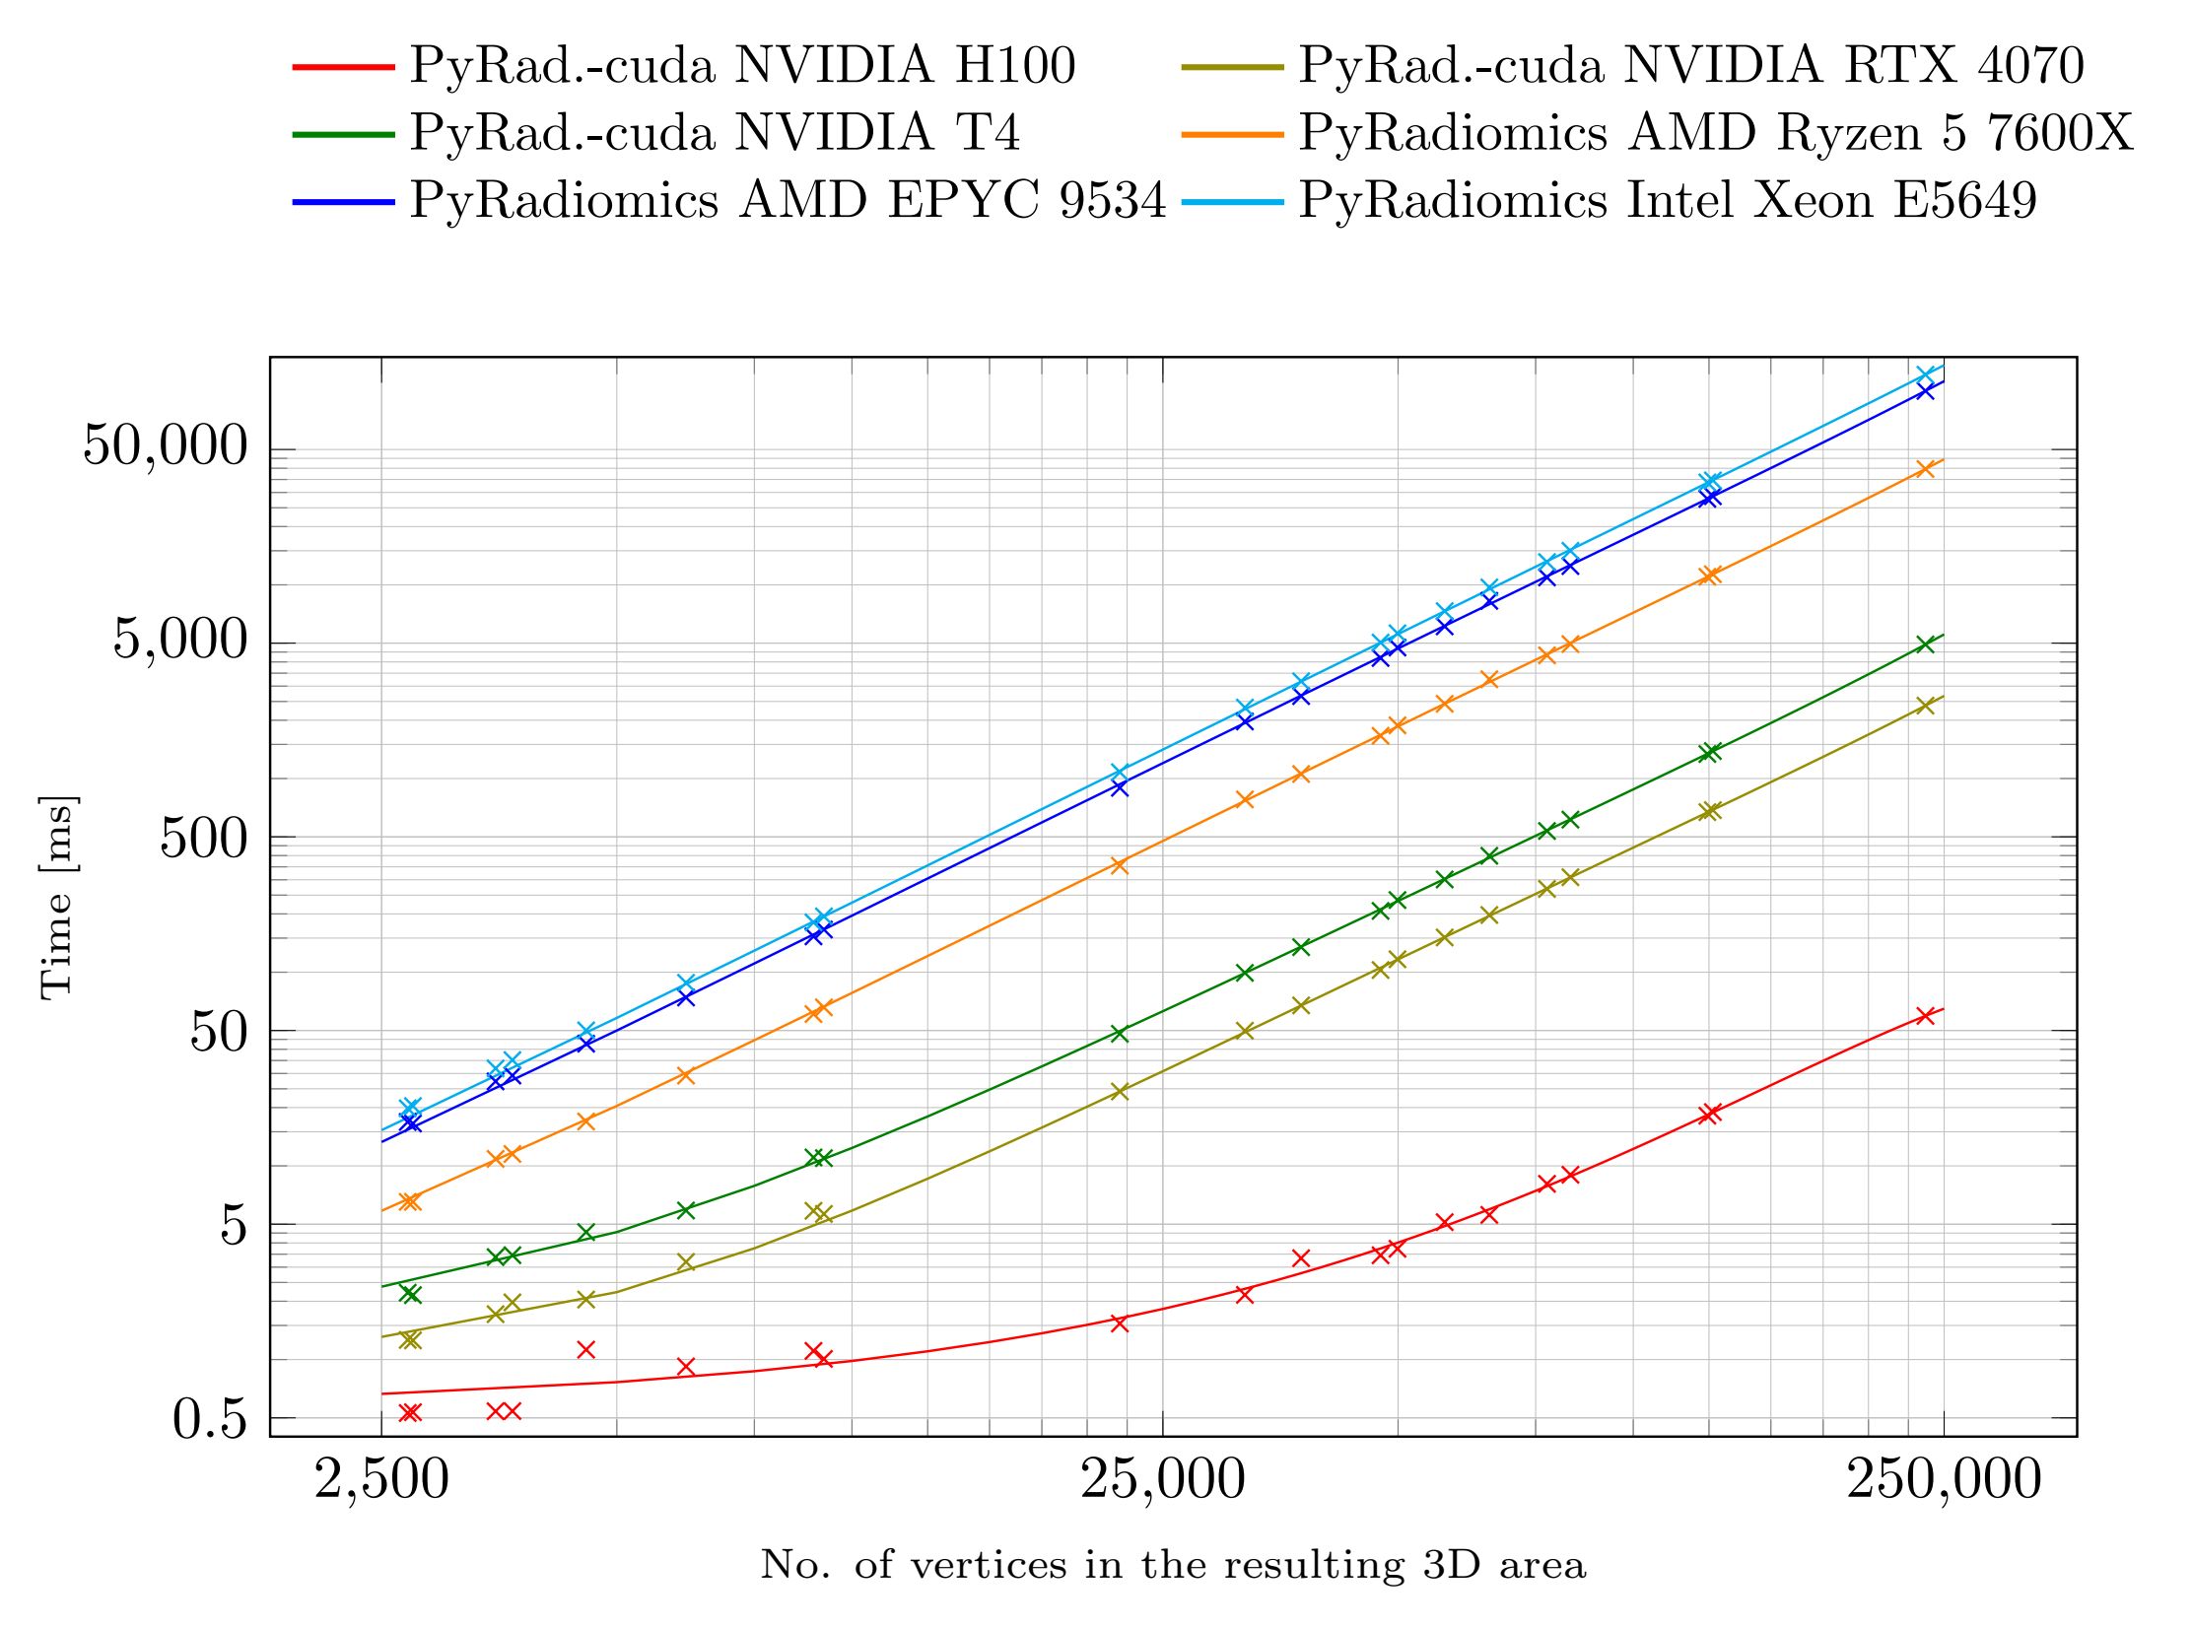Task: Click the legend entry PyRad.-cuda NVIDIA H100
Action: [x=742, y=66]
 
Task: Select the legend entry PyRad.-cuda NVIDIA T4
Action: [x=715, y=133]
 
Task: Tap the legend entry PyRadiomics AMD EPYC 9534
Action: [x=788, y=200]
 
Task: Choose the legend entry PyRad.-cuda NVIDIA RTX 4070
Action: [x=1690, y=66]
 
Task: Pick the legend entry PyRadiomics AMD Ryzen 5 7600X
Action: [x=1715, y=133]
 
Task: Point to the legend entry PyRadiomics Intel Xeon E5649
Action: [x=1668, y=200]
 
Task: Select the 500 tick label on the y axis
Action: [x=203, y=838]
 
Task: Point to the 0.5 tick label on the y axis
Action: [x=209, y=1419]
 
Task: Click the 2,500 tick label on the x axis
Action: [x=381, y=1480]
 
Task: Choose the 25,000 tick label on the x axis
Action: [x=1163, y=1480]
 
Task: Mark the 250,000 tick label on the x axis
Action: [x=1944, y=1480]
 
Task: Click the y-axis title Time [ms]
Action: [x=57, y=897]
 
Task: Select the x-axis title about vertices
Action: [x=1173, y=1565]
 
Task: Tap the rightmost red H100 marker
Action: [x=1925, y=1016]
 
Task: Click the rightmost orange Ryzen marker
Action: [x=1925, y=469]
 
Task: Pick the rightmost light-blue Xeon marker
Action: [x=1925, y=375]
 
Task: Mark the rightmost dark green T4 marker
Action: [x=1925, y=644]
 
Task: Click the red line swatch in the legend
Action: [x=343, y=67]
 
